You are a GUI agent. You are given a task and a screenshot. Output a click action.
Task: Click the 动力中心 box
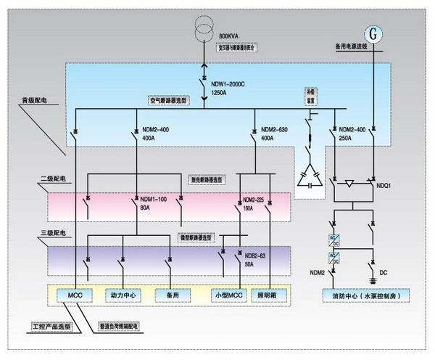123,296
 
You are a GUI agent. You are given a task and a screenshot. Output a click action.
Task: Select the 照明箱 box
270,296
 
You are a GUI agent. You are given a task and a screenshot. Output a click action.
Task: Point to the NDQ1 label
384,186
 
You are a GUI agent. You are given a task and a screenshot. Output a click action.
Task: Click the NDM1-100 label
152,200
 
